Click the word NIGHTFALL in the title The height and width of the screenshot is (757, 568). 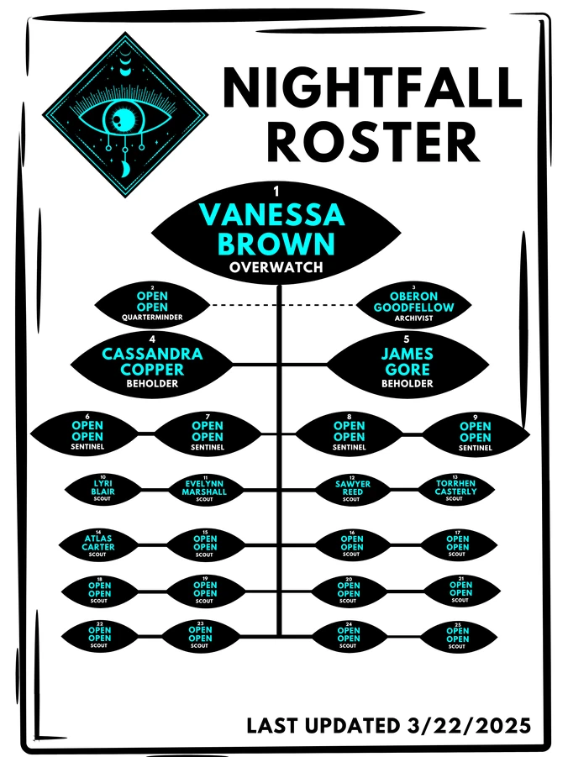tap(372, 87)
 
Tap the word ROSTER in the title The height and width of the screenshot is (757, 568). tap(373, 142)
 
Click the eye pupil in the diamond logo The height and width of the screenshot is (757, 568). tap(119, 118)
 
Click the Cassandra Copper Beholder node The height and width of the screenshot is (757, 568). tap(152, 365)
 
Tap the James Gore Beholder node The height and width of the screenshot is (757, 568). tap(408, 365)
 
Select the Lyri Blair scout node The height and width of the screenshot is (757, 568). tap(103, 490)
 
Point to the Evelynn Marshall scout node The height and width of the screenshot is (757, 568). tap(204, 490)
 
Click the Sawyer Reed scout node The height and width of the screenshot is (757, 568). tap(352, 491)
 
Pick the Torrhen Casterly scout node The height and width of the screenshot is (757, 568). tap(455, 490)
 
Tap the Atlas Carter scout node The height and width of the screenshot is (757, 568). tap(98, 545)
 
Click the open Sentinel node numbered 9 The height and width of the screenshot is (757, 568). tap(476, 434)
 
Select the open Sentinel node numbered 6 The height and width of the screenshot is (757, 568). tap(87, 434)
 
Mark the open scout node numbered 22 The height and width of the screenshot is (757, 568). tap(99, 636)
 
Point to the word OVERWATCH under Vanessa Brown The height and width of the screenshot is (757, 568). tap(276, 267)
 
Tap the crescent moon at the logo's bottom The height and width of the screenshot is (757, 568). tap(125, 169)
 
